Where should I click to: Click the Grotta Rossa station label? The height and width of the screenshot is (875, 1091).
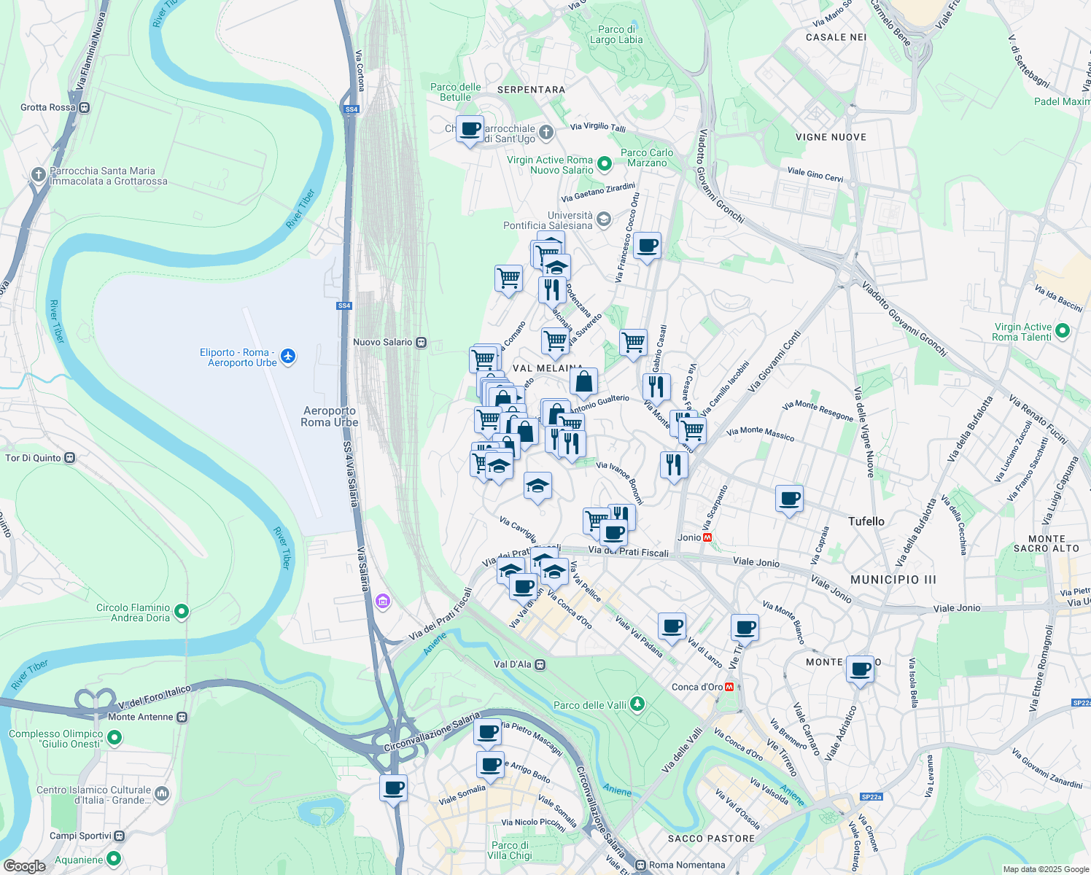point(48,107)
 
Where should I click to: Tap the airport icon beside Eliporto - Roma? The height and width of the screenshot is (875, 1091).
point(289,357)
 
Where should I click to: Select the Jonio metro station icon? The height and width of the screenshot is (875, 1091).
point(707,537)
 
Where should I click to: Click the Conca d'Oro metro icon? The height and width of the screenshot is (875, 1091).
point(729,687)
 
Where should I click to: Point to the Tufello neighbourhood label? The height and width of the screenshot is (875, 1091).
point(866,521)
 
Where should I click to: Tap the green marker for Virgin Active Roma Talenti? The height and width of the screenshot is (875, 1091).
point(1063,331)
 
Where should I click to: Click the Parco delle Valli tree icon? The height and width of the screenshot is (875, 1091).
point(638,704)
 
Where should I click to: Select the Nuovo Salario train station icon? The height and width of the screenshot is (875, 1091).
point(421,342)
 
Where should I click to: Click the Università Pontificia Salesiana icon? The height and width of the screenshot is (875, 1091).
point(603,219)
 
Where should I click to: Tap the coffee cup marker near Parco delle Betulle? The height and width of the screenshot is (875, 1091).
point(470,130)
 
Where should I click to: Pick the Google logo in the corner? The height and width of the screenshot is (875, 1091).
point(24,866)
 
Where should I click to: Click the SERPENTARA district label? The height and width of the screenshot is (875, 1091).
point(531,90)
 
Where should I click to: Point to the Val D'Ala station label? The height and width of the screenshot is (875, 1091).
point(513,664)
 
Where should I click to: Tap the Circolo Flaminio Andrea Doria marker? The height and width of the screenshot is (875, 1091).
point(182,612)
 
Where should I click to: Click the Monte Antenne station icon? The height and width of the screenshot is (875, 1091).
point(182,717)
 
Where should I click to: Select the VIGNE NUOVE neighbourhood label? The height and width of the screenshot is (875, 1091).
point(831,137)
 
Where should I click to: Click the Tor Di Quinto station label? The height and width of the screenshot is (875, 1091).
point(34,458)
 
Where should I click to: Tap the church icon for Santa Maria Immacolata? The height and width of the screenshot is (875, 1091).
point(39,175)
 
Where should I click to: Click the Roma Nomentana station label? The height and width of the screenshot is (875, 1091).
point(687,865)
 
